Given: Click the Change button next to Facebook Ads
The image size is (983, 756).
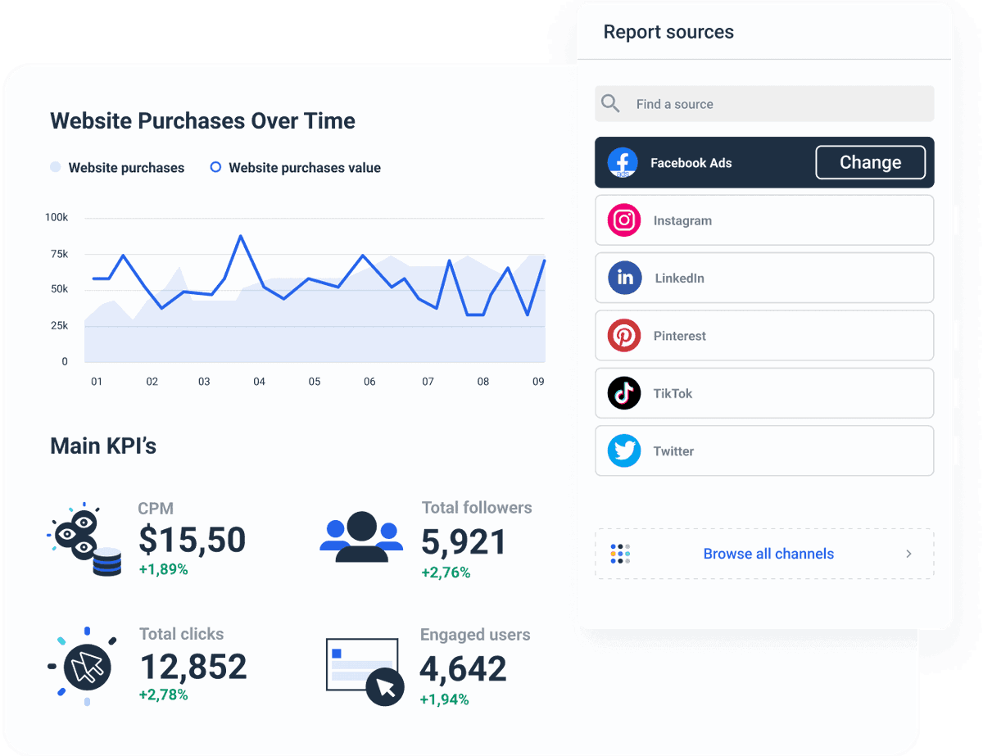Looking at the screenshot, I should (870, 162).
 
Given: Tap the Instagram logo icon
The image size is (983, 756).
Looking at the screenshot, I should (624, 220).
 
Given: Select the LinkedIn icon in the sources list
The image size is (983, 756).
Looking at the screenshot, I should (624, 278).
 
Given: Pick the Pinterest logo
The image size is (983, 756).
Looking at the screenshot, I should (624, 336).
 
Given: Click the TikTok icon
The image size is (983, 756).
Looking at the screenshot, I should (624, 393).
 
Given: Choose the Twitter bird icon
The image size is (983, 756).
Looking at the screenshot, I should (624, 451).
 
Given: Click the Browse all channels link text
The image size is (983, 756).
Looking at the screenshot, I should (768, 554).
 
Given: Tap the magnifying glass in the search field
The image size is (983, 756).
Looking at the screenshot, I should (610, 103).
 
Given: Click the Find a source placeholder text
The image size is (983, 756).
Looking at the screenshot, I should (674, 104).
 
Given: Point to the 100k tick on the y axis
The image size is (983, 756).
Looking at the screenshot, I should (57, 218).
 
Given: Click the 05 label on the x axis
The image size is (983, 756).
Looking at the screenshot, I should (315, 382).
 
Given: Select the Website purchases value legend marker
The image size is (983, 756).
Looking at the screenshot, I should (215, 167).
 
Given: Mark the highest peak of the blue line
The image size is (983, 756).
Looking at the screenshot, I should (241, 236).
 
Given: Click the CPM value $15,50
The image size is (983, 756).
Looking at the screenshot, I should (192, 540).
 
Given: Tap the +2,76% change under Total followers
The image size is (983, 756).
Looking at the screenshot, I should (446, 573).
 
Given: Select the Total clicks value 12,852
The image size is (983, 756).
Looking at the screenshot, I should (193, 667).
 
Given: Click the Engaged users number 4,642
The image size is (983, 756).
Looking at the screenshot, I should (463, 669).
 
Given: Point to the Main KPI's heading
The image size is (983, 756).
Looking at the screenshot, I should (103, 446).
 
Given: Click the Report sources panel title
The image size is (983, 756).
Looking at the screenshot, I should (668, 32).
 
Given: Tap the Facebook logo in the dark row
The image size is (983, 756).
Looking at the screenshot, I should (623, 162).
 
